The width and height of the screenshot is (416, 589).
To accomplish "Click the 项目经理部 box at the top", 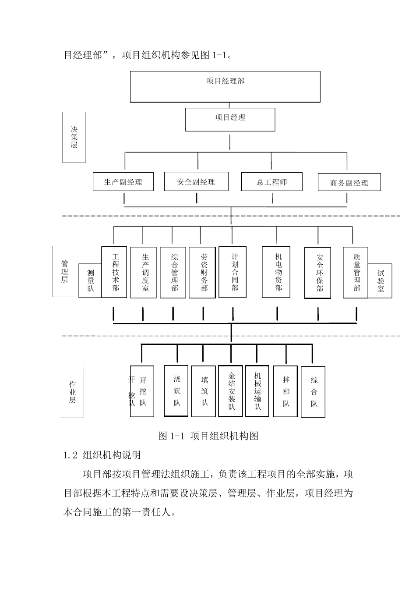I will [x=225, y=86].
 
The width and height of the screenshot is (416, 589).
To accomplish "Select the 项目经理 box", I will [x=230, y=120].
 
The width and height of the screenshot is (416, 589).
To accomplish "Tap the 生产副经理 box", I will [x=123, y=182].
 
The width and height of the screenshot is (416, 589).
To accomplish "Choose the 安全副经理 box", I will [x=196, y=181].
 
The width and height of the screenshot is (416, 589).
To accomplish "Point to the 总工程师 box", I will [x=271, y=182].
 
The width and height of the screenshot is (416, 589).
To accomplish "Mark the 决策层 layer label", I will [x=74, y=137].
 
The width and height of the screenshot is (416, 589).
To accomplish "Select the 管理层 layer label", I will [x=64, y=271].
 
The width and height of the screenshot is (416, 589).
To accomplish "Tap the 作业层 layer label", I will [x=72, y=392].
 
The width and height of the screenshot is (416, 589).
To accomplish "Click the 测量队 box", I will [x=90, y=281].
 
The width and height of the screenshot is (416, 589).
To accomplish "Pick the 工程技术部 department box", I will [x=114, y=272].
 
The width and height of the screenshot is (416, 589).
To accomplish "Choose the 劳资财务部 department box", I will [x=202, y=273].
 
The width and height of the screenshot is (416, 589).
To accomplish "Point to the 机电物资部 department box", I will [x=276, y=272].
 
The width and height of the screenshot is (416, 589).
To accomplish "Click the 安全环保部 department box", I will [x=318, y=273].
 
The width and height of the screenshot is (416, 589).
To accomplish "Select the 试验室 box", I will [x=380, y=281].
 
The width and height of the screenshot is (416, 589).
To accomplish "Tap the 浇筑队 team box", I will [x=176, y=390].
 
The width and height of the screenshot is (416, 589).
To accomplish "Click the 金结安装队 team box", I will [x=230, y=390].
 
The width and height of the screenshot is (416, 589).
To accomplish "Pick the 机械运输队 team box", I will [x=257, y=390].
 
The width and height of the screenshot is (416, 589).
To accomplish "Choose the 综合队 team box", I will [x=313, y=391].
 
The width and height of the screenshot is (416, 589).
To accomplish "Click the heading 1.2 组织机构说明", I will [x=102, y=455].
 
